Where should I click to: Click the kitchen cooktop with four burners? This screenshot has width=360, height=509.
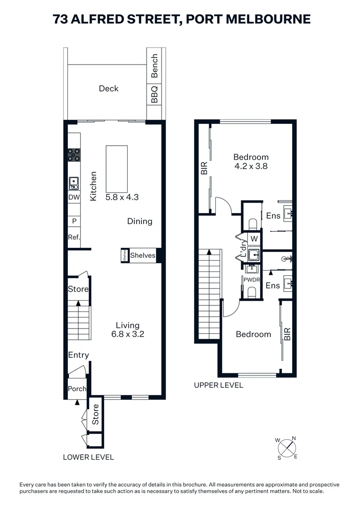click(74, 155)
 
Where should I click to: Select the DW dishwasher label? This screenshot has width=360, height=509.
click(74, 198)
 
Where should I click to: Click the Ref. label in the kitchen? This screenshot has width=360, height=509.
click(74, 238)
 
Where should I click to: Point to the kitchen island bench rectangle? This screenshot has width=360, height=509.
click(116, 167)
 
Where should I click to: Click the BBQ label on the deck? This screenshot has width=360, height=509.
click(155, 94)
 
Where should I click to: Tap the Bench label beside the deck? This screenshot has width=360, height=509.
click(155, 66)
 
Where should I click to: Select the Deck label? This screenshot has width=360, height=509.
click(108, 89)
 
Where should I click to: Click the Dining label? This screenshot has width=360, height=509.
click(139, 221)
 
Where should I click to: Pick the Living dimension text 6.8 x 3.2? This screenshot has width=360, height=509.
click(128, 335)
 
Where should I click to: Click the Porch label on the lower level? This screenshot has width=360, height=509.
click(77, 389)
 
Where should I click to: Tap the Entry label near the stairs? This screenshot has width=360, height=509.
click(78, 355)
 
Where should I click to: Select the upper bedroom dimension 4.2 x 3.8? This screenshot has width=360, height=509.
click(251, 166)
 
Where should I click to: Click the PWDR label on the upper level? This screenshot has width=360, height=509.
click(251, 279)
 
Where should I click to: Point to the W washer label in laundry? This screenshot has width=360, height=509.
click(254, 238)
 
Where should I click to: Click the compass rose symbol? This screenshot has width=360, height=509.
click(286, 448)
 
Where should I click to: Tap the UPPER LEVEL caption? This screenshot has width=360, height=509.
click(219, 385)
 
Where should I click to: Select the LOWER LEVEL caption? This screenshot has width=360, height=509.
click(89, 457)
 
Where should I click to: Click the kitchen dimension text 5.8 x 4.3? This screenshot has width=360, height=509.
click(122, 197)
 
